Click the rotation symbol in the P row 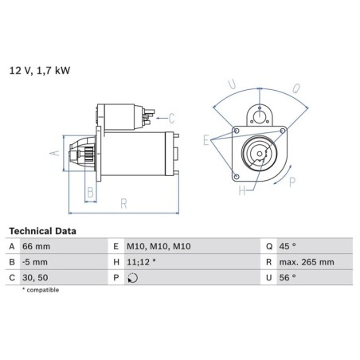coord(132,278)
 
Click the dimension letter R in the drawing coord(124,204)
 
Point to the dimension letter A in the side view coord(55,153)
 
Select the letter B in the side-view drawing coord(91,192)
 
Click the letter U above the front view coord(230,82)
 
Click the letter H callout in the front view coord(241,190)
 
